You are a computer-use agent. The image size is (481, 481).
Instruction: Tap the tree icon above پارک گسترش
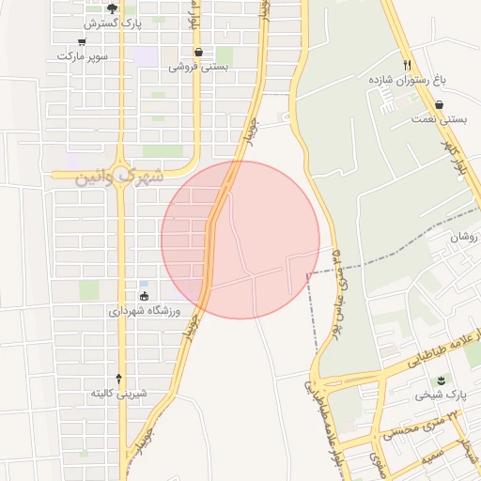pos(112,8)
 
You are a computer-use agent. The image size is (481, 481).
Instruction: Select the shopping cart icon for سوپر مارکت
pos(83,41)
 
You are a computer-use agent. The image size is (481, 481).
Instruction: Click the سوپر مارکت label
pos(83,56)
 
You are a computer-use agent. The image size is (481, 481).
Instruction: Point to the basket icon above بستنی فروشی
pos(198,52)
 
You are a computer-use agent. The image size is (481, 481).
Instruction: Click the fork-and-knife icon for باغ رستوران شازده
pos(407,65)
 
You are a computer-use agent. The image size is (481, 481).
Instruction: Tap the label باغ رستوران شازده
pos(407,81)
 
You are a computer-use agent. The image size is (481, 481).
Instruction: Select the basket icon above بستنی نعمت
pos(439,105)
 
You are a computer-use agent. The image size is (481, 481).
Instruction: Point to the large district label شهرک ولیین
pos(119,175)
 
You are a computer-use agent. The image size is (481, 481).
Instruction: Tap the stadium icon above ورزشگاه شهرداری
pos(144,297)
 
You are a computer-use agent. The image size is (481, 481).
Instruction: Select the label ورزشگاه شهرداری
pos(145,311)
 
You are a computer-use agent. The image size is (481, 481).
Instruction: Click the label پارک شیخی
pos(437,396)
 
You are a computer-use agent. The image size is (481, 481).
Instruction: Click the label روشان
pos(463,238)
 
